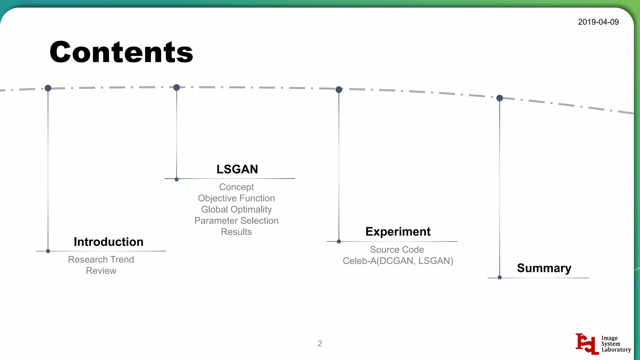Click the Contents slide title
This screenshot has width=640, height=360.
point(121,52)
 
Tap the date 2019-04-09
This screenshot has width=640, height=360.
point(598,22)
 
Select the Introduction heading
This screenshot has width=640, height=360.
point(108,242)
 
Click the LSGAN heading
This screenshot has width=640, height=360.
point(237,169)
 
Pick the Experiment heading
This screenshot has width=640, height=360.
point(398,232)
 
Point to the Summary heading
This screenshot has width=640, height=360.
point(544,268)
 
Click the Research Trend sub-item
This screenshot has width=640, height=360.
point(101,259)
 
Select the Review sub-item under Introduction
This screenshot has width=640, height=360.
point(101,271)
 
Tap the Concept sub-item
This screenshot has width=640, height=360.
point(236,187)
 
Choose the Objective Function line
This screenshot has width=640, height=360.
point(236,198)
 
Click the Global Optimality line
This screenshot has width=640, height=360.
point(236,209)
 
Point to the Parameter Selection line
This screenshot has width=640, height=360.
point(236,221)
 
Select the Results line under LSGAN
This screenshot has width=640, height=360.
point(236,232)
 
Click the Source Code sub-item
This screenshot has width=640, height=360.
point(397,250)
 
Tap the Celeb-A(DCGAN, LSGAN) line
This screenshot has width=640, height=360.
point(398,261)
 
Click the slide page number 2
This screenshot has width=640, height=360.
point(320,343)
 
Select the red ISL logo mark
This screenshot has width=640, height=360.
point(587,344)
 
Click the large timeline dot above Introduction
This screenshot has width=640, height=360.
point(48,88)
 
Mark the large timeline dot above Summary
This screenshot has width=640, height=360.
point(499,98)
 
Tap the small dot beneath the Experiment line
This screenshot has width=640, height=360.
point(339,242)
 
